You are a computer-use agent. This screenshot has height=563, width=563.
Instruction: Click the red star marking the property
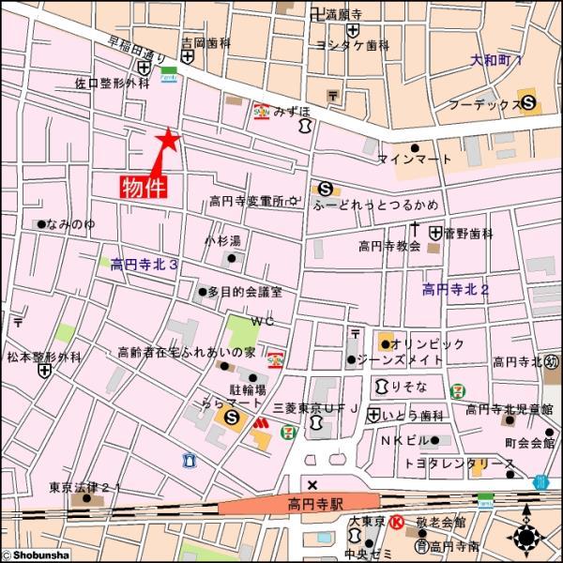[x=167, y=140]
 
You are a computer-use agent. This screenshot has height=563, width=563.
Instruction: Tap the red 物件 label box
[x=144, y=186]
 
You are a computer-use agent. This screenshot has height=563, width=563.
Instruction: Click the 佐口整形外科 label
[x=113, y=84]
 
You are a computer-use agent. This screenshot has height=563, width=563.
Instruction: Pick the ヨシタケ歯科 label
[x=353, y=44]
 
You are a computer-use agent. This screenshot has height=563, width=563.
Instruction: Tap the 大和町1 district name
[x=497, y=59]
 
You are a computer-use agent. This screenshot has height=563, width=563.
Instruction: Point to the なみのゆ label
[x=72, y=224]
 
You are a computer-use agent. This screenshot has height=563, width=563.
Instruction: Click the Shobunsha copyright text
[x=36, y=555]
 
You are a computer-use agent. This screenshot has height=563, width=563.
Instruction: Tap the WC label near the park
[x=262, y=321]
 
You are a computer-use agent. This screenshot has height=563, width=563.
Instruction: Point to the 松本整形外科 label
[x=45, y=357]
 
